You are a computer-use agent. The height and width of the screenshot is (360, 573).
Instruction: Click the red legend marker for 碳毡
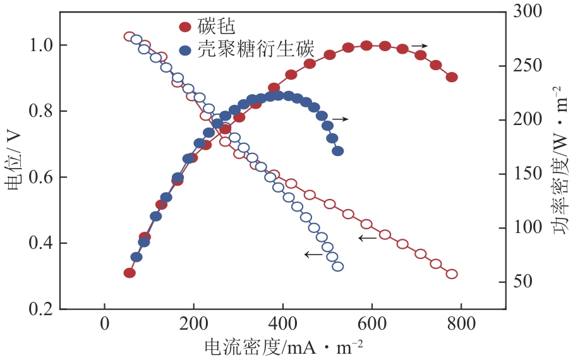coord(185,27)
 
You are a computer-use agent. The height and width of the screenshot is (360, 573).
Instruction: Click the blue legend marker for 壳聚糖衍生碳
coord(185,50)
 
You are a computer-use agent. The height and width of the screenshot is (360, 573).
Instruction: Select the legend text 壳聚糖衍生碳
coord(256,50)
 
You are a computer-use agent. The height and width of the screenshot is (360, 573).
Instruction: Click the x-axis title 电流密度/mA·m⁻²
coord(284,347)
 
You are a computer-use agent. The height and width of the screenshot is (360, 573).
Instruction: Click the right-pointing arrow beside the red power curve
coord(419,46)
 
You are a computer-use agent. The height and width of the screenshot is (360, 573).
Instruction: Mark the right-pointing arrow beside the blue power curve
coord(340,119)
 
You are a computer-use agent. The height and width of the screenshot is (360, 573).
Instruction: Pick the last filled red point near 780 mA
coord(451,77)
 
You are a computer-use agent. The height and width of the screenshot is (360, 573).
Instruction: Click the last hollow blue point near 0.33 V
coord(337,267)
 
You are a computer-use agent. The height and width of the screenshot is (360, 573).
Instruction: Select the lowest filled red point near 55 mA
coord(130,273)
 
